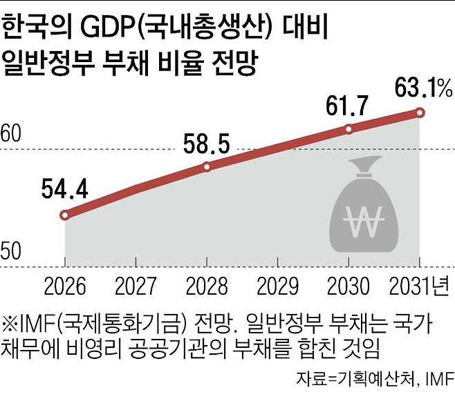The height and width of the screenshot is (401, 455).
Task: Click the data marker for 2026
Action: [x=65, y=215]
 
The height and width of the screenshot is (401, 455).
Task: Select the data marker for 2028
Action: [x=207, y=166]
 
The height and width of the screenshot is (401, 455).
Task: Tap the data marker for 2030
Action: [x=349, y=129]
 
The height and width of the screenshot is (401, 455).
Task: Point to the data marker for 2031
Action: [x=419, y=112]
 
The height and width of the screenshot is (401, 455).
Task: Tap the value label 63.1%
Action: [x=423, y=88]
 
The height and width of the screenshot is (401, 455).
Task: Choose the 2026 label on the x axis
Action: [x=64, y=285]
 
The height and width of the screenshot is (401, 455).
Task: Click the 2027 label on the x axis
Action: [x=136, y=285]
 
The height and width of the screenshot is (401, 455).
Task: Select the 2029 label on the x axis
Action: [x=278, y=285]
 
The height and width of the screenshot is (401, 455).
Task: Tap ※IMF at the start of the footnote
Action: [x=28, y=322]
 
